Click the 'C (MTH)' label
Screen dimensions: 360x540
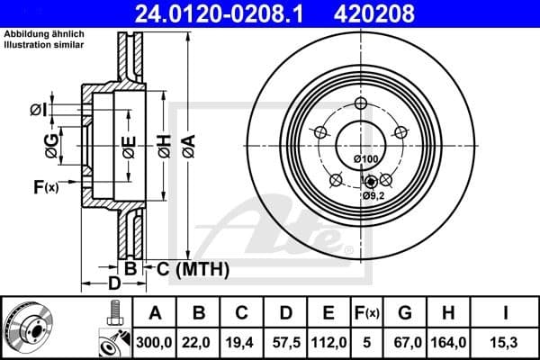193,268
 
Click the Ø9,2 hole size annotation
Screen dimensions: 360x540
373,194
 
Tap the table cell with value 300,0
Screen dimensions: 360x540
155,339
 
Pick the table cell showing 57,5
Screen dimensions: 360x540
285,339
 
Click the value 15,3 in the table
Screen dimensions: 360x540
507,339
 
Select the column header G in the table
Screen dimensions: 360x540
406,313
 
